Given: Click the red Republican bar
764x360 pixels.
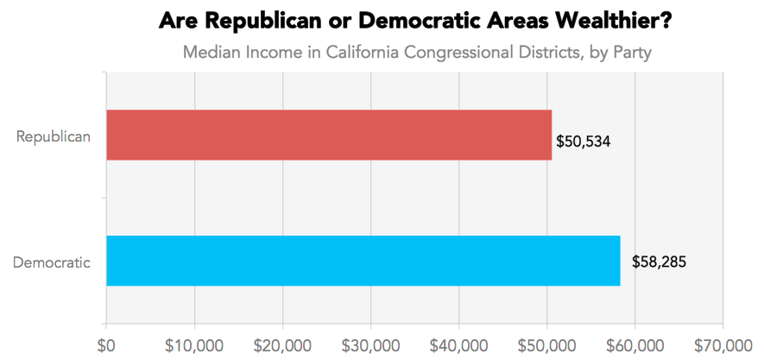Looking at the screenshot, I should point(328,136).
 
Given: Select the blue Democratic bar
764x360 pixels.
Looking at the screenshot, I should point(363,261).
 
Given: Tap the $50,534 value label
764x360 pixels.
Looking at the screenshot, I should point(584,141).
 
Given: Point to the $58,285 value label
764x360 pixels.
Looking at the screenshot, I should point(659,261).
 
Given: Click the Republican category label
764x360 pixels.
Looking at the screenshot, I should point(53,136).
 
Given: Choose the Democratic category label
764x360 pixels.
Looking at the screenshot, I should point(52,262).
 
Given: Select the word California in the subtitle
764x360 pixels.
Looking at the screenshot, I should point(363,53).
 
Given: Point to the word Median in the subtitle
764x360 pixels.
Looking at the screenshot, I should point(212,53).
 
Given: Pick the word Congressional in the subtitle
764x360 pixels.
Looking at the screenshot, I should point(463,53).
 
